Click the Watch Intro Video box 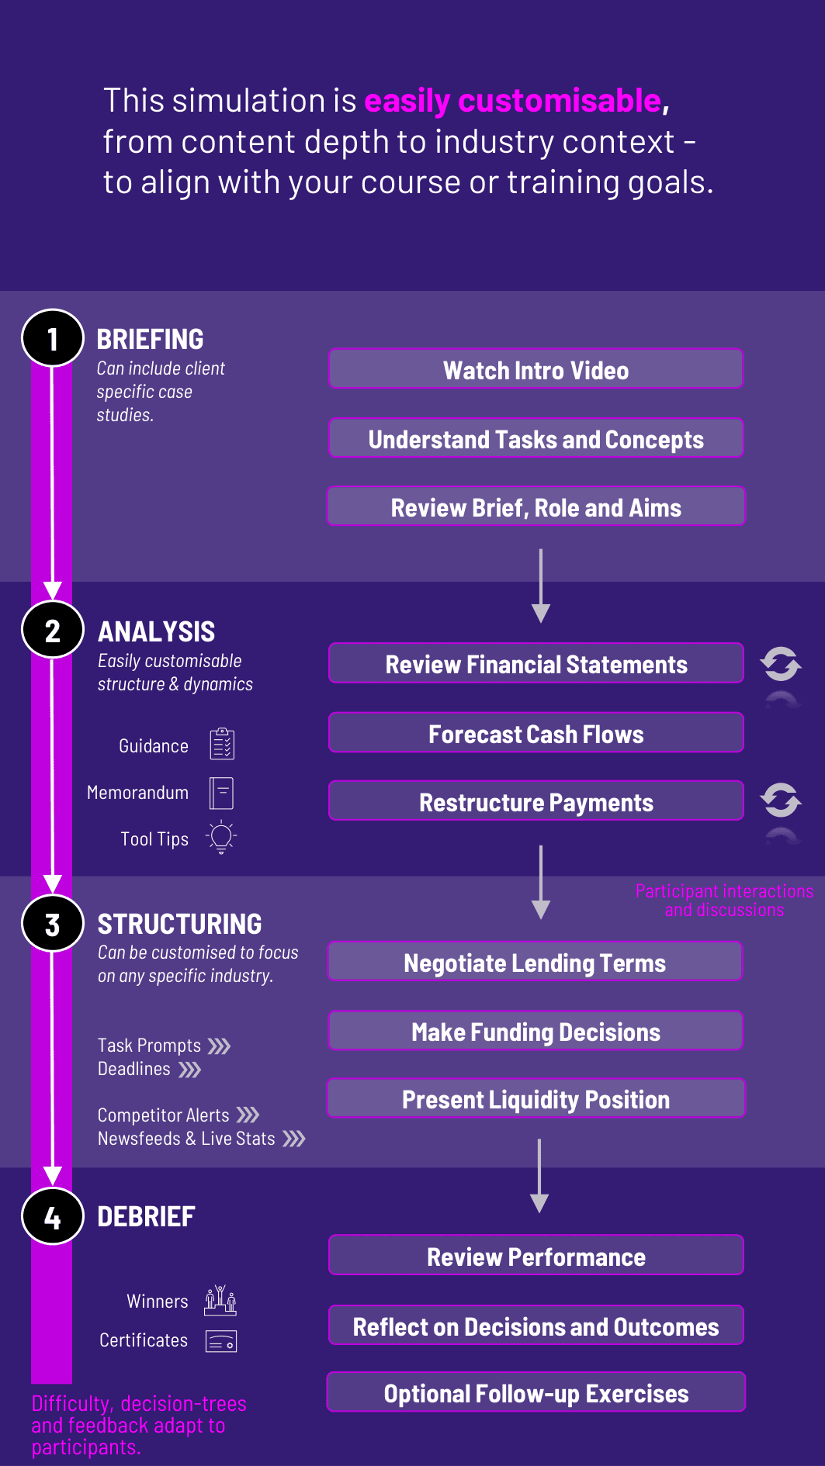[x=536, y=369]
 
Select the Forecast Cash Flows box [x=536, y=733]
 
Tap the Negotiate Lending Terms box [x=536, y=962]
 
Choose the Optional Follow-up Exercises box [x=536, y=1392]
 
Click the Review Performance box [x=536, y=1255]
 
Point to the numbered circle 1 [x=53, y=338]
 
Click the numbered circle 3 [x=53, y=923]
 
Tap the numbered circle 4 [x=53, y=1216]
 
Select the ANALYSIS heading [x=156, y=631]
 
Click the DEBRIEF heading [x=146, y=1216]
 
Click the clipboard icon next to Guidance [x=222, y=744]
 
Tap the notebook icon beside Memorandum [x=221, y=793]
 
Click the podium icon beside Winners [x=220, y=1300]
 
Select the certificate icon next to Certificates [x=221, y=1341]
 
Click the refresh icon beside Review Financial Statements [x=781, y=664]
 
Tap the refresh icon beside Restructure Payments [x=781, y=800]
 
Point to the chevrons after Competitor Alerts [x=248, y=1115]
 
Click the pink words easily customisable [x=513, y=101]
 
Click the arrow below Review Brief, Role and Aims [x=541, y=586]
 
